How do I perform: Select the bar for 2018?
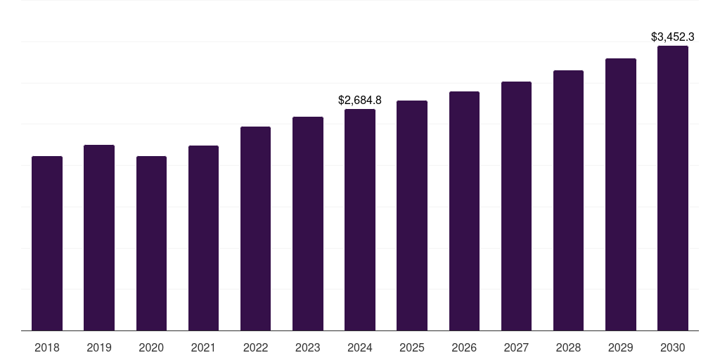click(47, 243)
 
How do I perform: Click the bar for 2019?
click(99, 238)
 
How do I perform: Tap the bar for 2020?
click(151, 243)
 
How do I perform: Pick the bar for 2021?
click(203, 238)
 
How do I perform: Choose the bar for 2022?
click(255, 229)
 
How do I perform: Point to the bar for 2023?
click(308, 224)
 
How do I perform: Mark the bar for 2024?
click(360, 219)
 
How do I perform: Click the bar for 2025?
click(412, 215)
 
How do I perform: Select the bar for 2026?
click(464, 211)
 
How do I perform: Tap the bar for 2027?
click(516, 206)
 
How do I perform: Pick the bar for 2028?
click(568, 200)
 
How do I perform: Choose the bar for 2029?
click(621, 194)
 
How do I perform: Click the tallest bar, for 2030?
click(673, 188)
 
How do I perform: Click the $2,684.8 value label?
click(360, 101)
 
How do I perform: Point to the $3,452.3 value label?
click(673, 37)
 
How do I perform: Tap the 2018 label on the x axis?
click(47, 347)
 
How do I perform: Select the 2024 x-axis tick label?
click(360, 347)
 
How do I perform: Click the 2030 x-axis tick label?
click(673, 347)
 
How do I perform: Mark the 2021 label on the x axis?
click(203, 347)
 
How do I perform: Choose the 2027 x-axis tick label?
click(516, 347)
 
